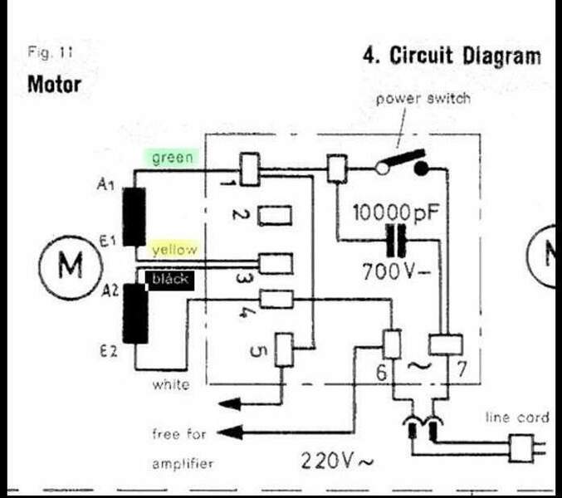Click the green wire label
(x=171, y=157)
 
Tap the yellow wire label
(x=173, y=249)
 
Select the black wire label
(x=169, y=280)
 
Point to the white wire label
(x=170, y=384)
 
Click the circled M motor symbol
(x=71, y=266)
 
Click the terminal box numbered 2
(x=273, y=217)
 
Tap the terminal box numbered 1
(x=249, y=168)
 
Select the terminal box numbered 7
(x=443, y=345)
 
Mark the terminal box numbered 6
(x=391, y=343)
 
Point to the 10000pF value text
(x=396, y=212)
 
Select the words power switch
(x=423, y=99)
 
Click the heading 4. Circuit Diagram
(x=452, y=56)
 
